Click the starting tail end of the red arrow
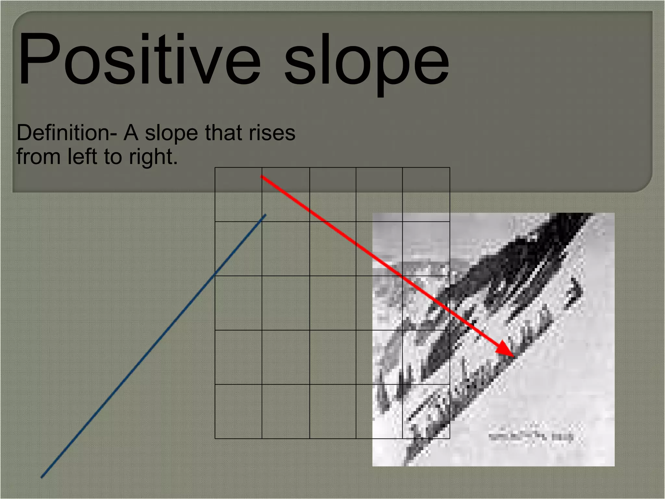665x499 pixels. [262, 176]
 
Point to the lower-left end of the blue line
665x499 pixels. [42, 477]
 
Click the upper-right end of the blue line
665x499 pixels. [266, 215]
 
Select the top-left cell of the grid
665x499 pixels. [238, 195]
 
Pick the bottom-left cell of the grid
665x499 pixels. [238, 412]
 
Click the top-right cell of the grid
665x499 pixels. [426, 195]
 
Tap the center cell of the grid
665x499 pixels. [333, 303]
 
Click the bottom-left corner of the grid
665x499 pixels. [215, 439]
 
